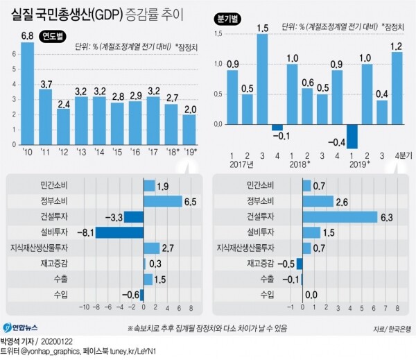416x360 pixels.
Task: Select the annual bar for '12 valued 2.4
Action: (64, 123)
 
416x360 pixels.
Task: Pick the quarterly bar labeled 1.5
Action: (262, 79)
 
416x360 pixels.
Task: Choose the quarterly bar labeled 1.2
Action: (397, 88)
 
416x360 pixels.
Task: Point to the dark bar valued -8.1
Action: (119, 232)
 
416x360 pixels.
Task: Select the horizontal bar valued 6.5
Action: (162, 201)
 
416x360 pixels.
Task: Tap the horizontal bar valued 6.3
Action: (339, 217)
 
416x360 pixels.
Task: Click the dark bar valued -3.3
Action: (133, 217)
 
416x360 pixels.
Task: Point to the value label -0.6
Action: (129, 295)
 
